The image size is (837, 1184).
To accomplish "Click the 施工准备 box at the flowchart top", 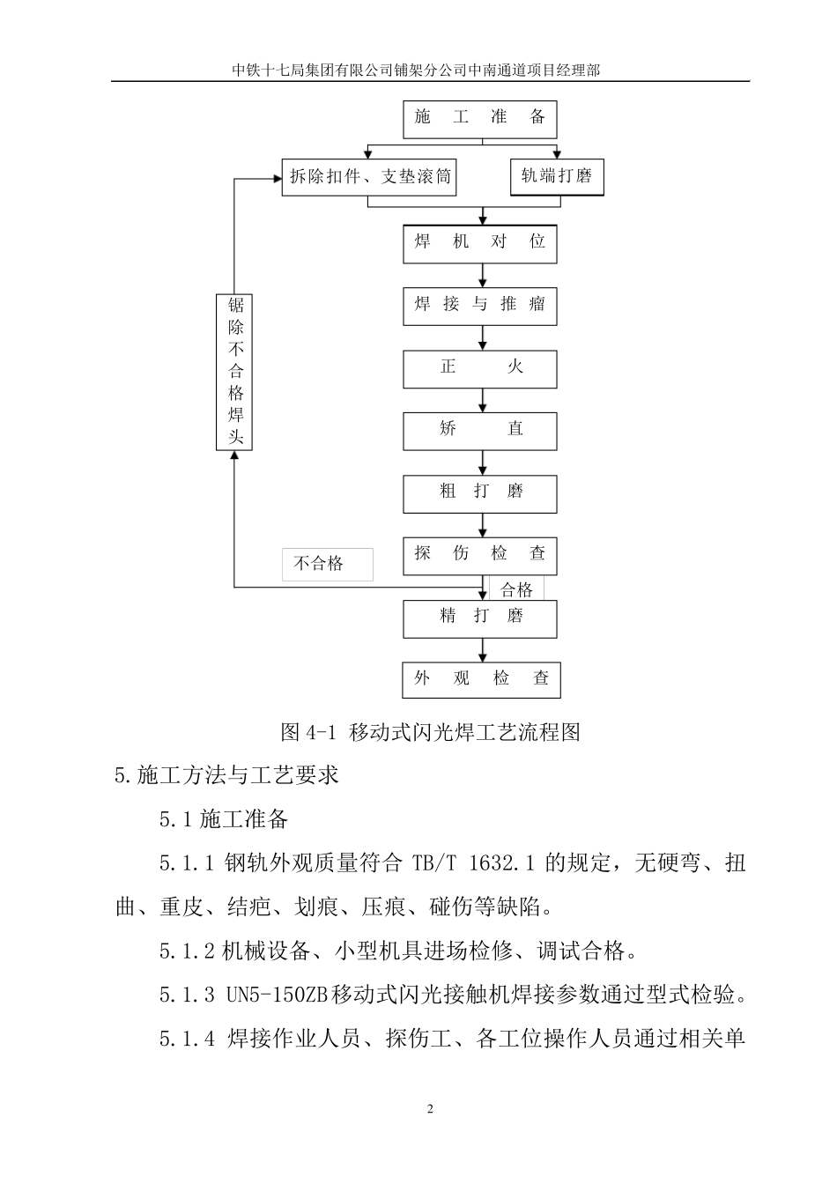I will click(480, 119).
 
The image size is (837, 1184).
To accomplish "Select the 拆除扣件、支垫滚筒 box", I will click(370, 176).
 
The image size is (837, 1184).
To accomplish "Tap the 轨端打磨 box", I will click(556, 176).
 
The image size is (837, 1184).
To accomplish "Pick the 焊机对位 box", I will click(480, 242).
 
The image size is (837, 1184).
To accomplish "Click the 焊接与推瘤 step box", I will click(480, 306).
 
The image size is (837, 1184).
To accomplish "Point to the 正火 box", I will click(480, 368).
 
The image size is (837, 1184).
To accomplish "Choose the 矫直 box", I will click(480, 431).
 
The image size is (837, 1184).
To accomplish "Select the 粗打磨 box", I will click(480, 493).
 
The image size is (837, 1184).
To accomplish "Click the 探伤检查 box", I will click(480, 555).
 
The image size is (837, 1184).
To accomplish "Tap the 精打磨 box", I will click(480, 618).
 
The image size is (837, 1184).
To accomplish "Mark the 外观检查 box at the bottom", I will click(481, 679).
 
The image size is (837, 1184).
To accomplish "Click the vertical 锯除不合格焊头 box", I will click(234, 372).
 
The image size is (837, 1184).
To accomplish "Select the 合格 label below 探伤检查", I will click(517, 589).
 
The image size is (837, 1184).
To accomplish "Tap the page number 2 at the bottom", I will click(430, 1109).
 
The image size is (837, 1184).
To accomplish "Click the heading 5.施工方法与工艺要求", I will click(227, 776).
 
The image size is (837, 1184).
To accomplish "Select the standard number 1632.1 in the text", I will click(503, 863).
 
